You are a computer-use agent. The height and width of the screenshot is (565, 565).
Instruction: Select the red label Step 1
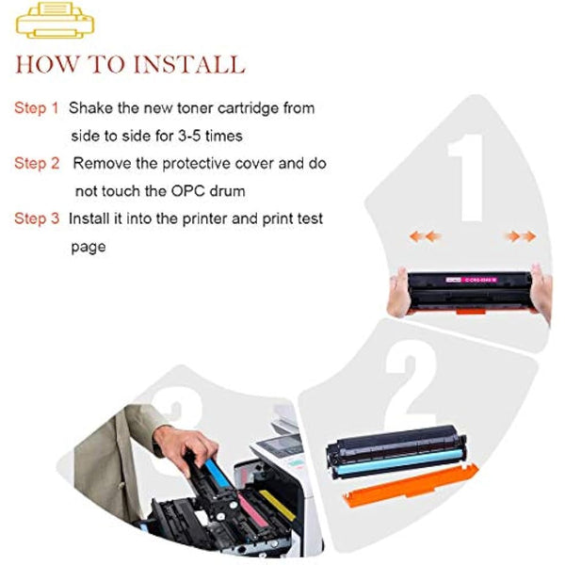[37, 108]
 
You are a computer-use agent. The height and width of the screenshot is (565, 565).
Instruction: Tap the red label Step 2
[37, 163]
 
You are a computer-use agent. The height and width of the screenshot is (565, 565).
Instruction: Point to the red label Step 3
[37, 218]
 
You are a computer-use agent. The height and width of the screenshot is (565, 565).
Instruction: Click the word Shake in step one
[91, 108]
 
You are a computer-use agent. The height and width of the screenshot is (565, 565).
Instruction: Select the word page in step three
[89, 247]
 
